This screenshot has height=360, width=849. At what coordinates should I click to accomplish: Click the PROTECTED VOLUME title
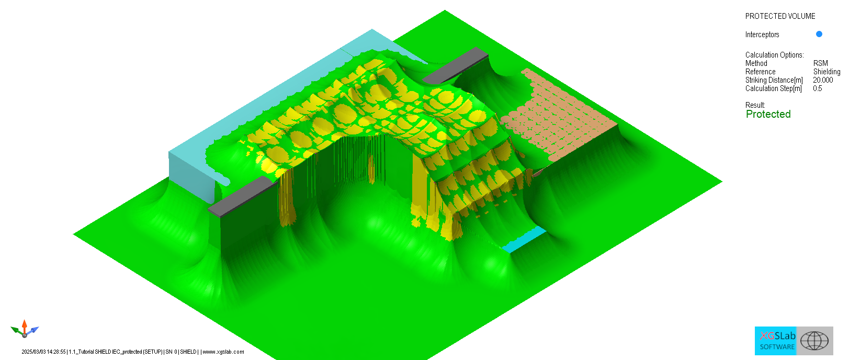point(780,16)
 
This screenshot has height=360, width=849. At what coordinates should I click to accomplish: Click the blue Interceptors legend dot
point(819,34)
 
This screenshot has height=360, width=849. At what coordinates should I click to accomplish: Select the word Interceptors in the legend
point(762,35)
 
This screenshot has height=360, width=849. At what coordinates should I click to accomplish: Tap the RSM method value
point(820,63)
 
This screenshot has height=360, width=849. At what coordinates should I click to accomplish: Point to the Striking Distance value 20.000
point(823,80)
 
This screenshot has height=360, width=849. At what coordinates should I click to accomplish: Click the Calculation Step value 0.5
point(817,88)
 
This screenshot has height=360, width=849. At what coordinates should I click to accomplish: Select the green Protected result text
point(768,114)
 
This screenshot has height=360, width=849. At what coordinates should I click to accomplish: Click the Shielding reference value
point(827,72)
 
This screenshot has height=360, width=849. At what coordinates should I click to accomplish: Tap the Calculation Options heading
point(774,55)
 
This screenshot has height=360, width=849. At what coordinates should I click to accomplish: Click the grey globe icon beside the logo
point(814,341)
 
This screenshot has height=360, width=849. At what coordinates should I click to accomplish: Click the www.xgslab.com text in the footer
point(223,352)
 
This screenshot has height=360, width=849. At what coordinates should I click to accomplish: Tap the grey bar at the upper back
point(455,66)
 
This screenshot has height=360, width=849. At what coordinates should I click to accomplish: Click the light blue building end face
point(191,175)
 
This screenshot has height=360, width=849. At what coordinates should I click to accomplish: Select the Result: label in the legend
point(755,105)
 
